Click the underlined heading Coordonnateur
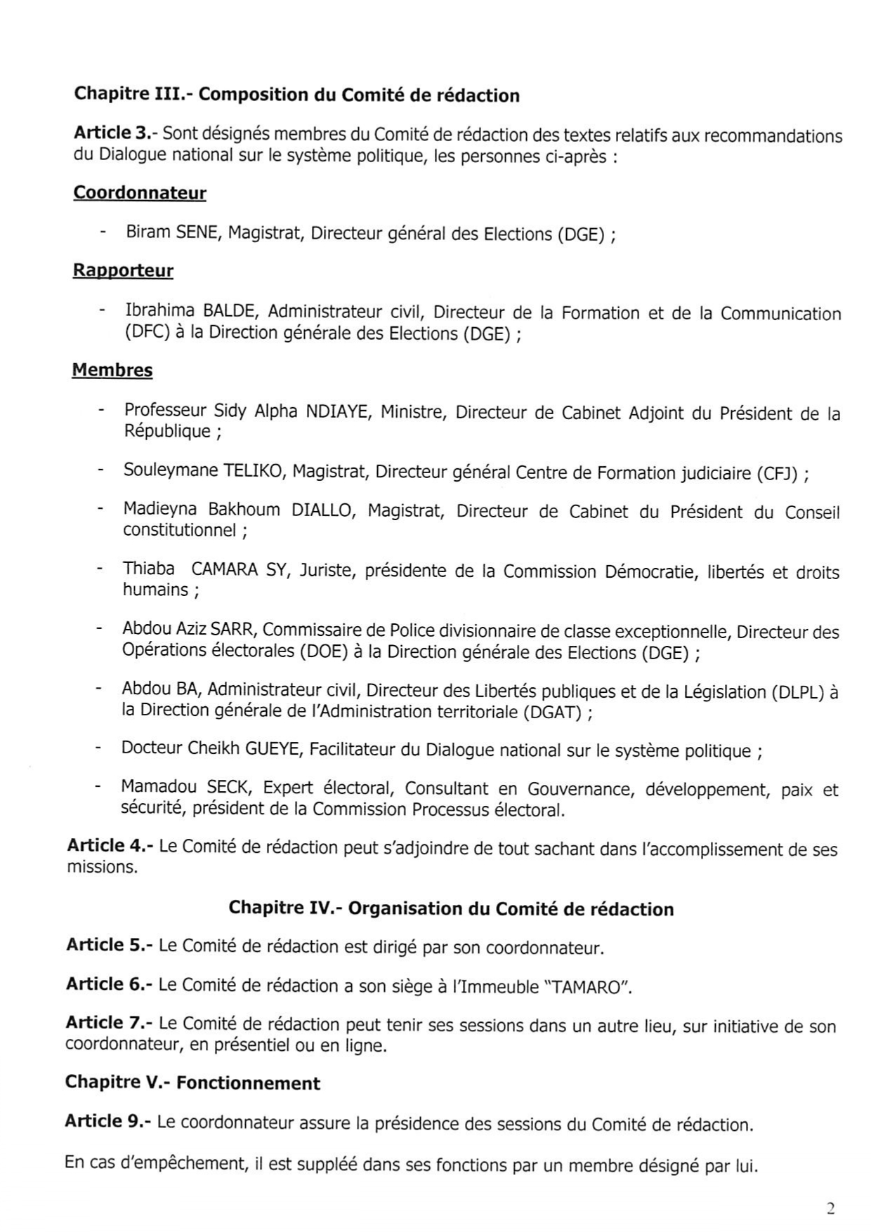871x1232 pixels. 140,193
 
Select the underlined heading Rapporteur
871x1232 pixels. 123,271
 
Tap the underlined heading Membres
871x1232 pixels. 112,370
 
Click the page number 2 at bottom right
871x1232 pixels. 831,1207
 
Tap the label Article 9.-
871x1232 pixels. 108,1121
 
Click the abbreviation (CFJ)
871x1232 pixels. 778,473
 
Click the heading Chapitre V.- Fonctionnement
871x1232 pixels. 192,1082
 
